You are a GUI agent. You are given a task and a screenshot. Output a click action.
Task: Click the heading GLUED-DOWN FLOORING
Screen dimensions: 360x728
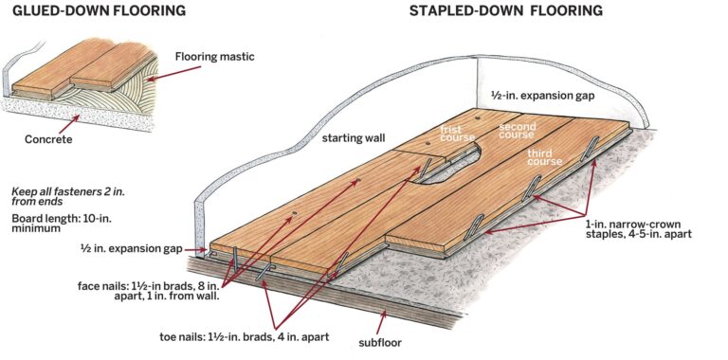click(92, 11)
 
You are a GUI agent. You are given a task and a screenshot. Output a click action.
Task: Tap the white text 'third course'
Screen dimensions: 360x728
click(545, 159)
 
